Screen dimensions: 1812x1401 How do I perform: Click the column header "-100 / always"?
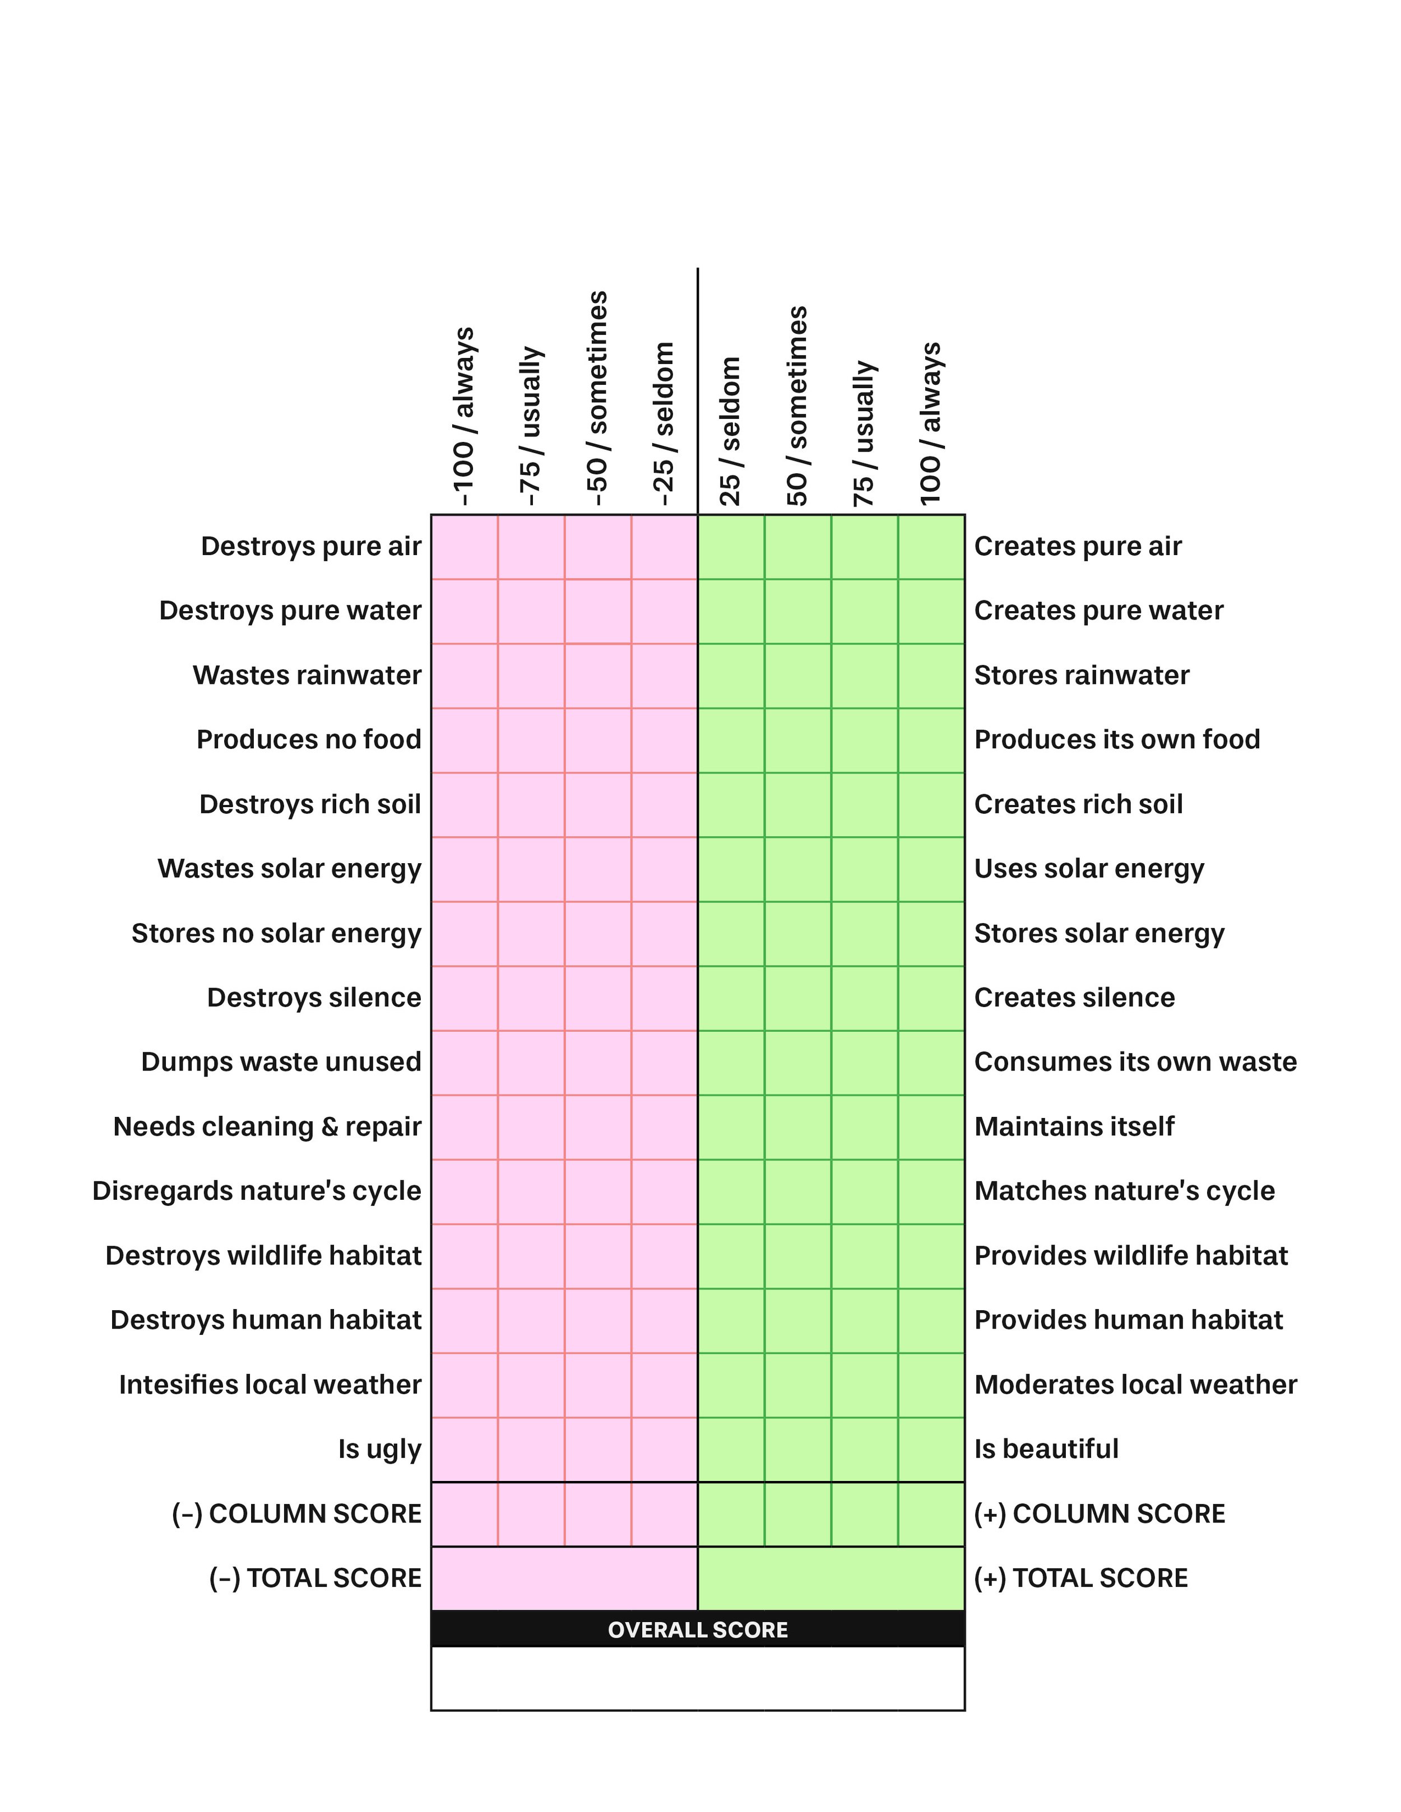(x=463, y=417)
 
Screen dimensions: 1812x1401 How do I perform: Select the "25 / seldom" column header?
(x=730, y=431)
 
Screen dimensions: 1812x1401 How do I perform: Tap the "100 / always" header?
(x=930, y=423)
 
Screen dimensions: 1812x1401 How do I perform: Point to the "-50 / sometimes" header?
(x=597, y=399)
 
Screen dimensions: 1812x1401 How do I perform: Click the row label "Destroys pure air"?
(x=311, y=547)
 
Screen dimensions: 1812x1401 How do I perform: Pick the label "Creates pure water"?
(x=1098, y=611)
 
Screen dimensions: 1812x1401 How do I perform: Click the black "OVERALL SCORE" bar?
(x=697, y=1629)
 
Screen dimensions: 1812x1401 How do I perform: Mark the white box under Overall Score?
(x=697, y=1679)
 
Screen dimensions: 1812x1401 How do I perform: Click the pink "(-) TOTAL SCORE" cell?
(x=564, y=1578)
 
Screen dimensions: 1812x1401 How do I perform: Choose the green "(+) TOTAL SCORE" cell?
(x=831, y=1578)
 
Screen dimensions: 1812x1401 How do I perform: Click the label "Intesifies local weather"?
(x=270, y=1385)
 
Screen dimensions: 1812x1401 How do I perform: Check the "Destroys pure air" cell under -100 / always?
(x=464, y=547)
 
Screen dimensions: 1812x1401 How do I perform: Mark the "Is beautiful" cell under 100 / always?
(x=931, y=1450)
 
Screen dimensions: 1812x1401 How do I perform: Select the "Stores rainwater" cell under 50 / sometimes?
(x=797, y=676)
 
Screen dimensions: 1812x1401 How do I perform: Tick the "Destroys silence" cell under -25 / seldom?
(x=664, y=998)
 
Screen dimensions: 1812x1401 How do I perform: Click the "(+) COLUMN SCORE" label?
(x=1099, y=1514)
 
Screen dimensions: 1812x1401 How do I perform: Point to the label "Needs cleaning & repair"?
(x=267, y=1127)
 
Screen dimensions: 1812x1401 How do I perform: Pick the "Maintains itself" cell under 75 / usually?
(x=864, y=1127)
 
